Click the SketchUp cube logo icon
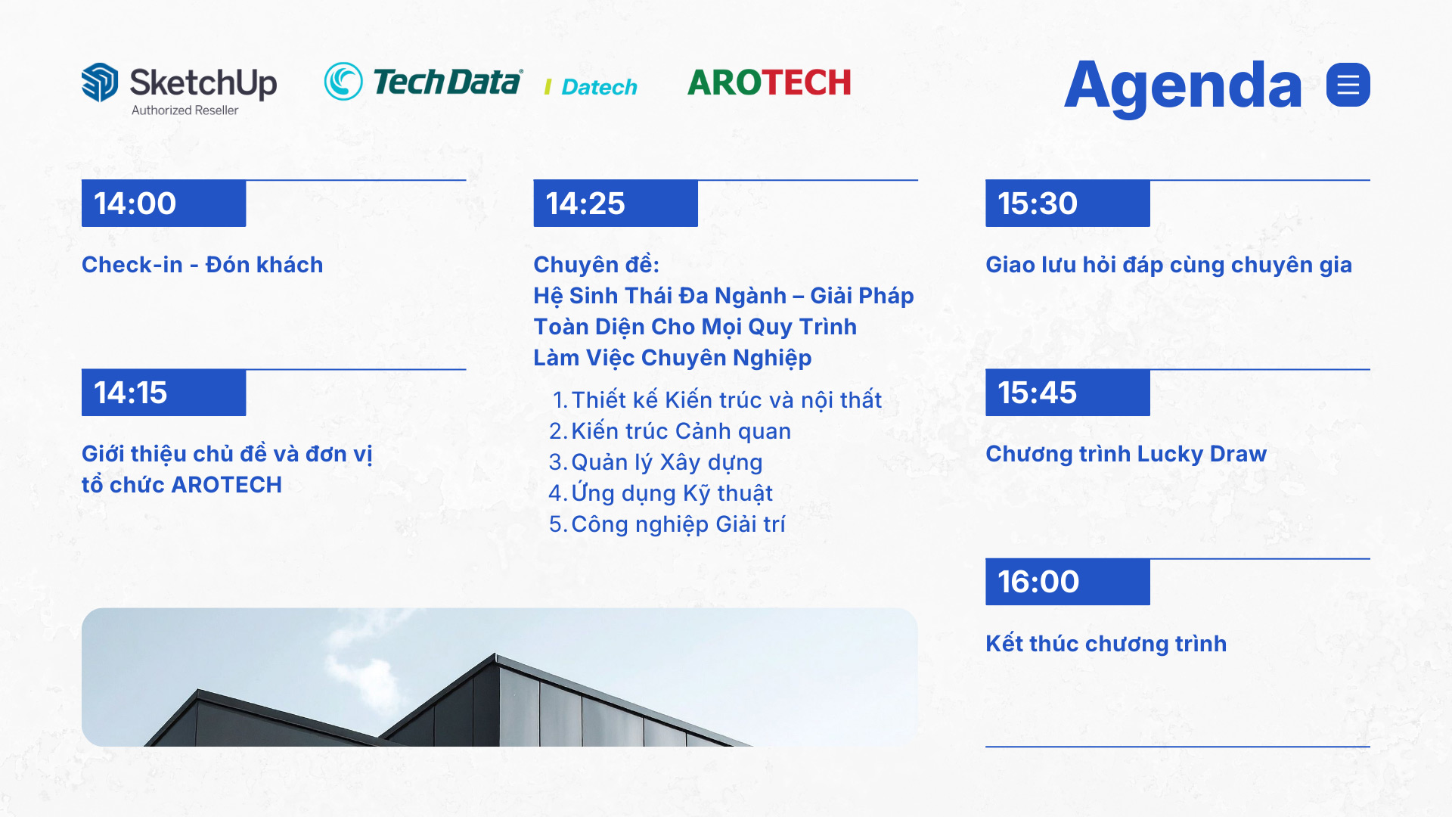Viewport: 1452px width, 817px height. pos(100,82)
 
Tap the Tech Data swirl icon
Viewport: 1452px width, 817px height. pos(343,81)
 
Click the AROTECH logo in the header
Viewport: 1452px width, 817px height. pos(769,82)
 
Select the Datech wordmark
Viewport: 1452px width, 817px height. pos(599,87)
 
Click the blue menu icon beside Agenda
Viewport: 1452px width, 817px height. pos(1348,85)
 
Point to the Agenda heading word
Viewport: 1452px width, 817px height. pos(1183,87)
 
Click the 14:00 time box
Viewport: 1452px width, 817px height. pos(163,203)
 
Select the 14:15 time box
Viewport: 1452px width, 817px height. pos(163,393)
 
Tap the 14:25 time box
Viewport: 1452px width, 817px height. pos(616,203)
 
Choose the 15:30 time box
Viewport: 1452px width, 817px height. pos(1068,203)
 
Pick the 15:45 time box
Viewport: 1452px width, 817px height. pos(1068,393)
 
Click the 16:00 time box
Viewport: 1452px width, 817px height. pos(1068,582)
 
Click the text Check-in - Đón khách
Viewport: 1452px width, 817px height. pos(203,265)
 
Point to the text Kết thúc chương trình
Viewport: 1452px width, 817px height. pos(1106,644)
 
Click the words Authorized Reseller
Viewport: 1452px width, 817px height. pos(185,110)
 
